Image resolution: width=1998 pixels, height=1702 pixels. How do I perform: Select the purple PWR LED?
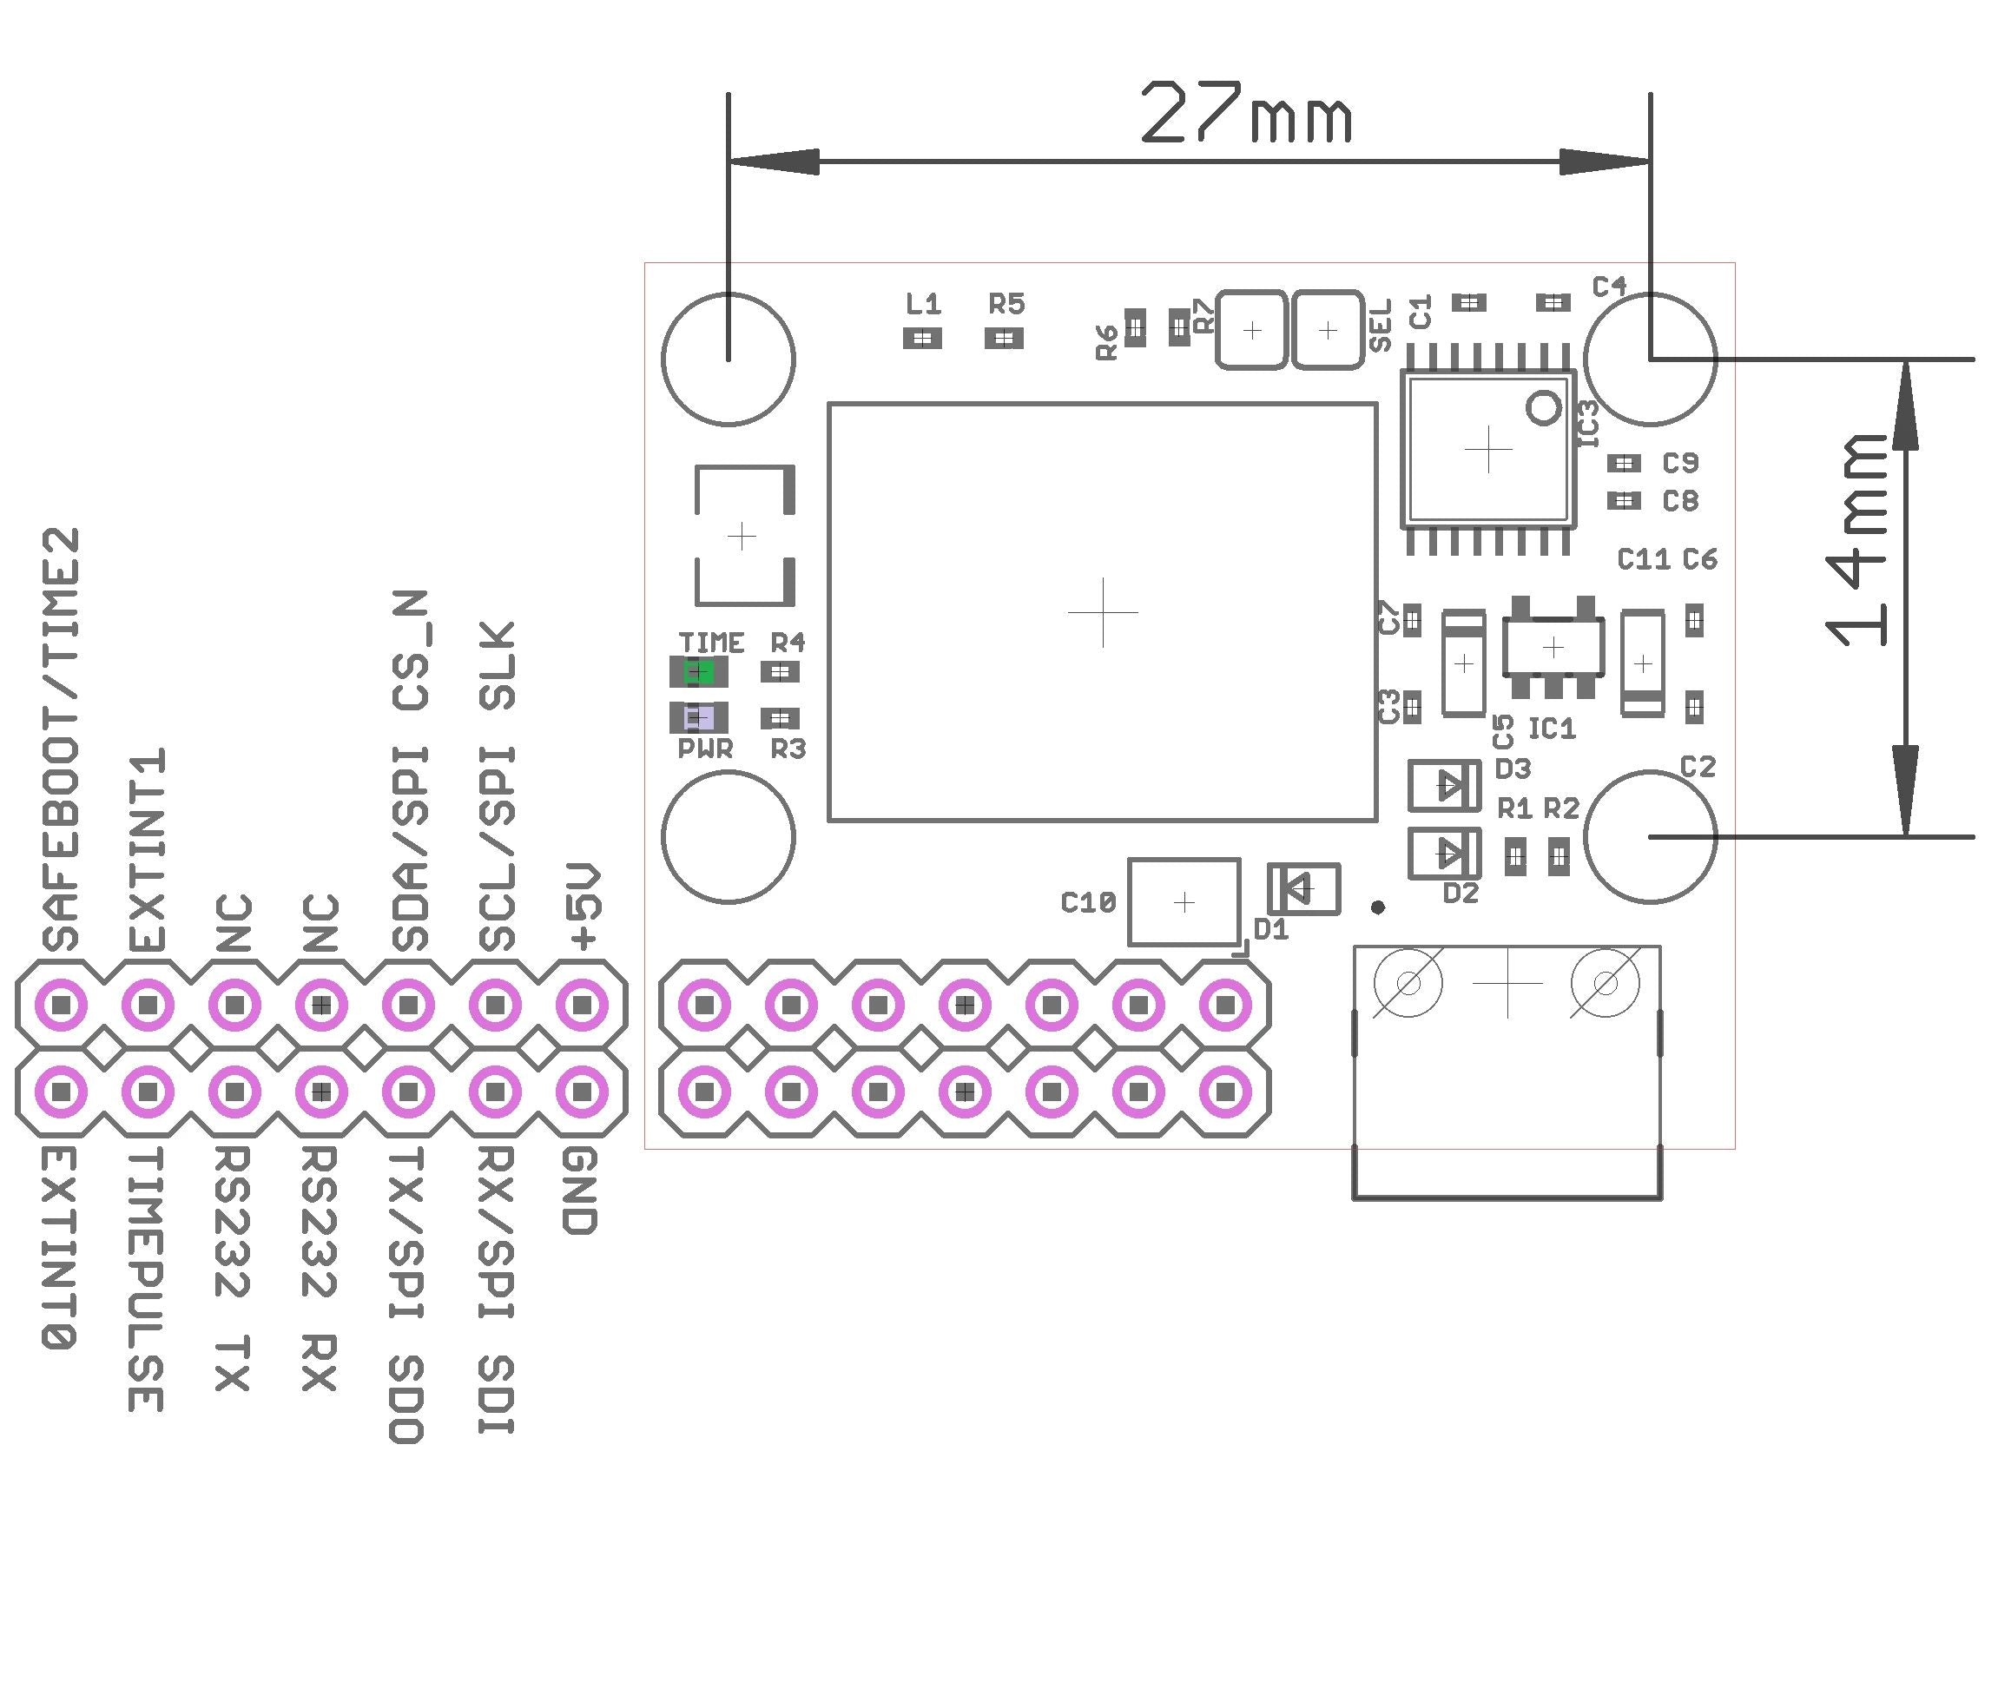(698, 717)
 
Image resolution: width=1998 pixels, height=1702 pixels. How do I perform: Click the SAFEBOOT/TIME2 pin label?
(61, 739)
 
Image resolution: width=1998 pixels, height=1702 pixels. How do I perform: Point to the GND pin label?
(579, 1191)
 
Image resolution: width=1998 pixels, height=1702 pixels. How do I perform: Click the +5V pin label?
(584, 907)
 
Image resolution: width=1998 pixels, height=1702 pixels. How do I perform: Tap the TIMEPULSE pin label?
(147, 1278)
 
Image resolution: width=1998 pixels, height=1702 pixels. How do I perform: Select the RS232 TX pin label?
(233, 1268)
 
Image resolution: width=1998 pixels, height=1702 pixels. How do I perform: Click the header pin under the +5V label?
(582, 1006)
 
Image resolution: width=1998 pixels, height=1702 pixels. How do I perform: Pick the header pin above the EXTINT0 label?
(62, 1092)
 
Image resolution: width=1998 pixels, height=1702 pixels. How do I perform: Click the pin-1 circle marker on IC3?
(1544, 408)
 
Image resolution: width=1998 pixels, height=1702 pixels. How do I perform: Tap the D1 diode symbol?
(1302, 888)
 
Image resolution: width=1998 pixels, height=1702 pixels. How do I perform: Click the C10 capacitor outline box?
(1184, 902)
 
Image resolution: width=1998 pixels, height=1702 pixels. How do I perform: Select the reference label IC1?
(1552, 729)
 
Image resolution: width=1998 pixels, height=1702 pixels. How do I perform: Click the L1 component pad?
(922, 339)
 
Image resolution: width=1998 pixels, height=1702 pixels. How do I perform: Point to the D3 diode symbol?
(1443, 786)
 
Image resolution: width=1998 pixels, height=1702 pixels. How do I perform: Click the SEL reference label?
(1380, 326)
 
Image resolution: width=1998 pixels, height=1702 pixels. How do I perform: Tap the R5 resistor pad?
(1004, 339)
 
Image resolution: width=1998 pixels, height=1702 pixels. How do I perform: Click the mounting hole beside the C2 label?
(1650, 836)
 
